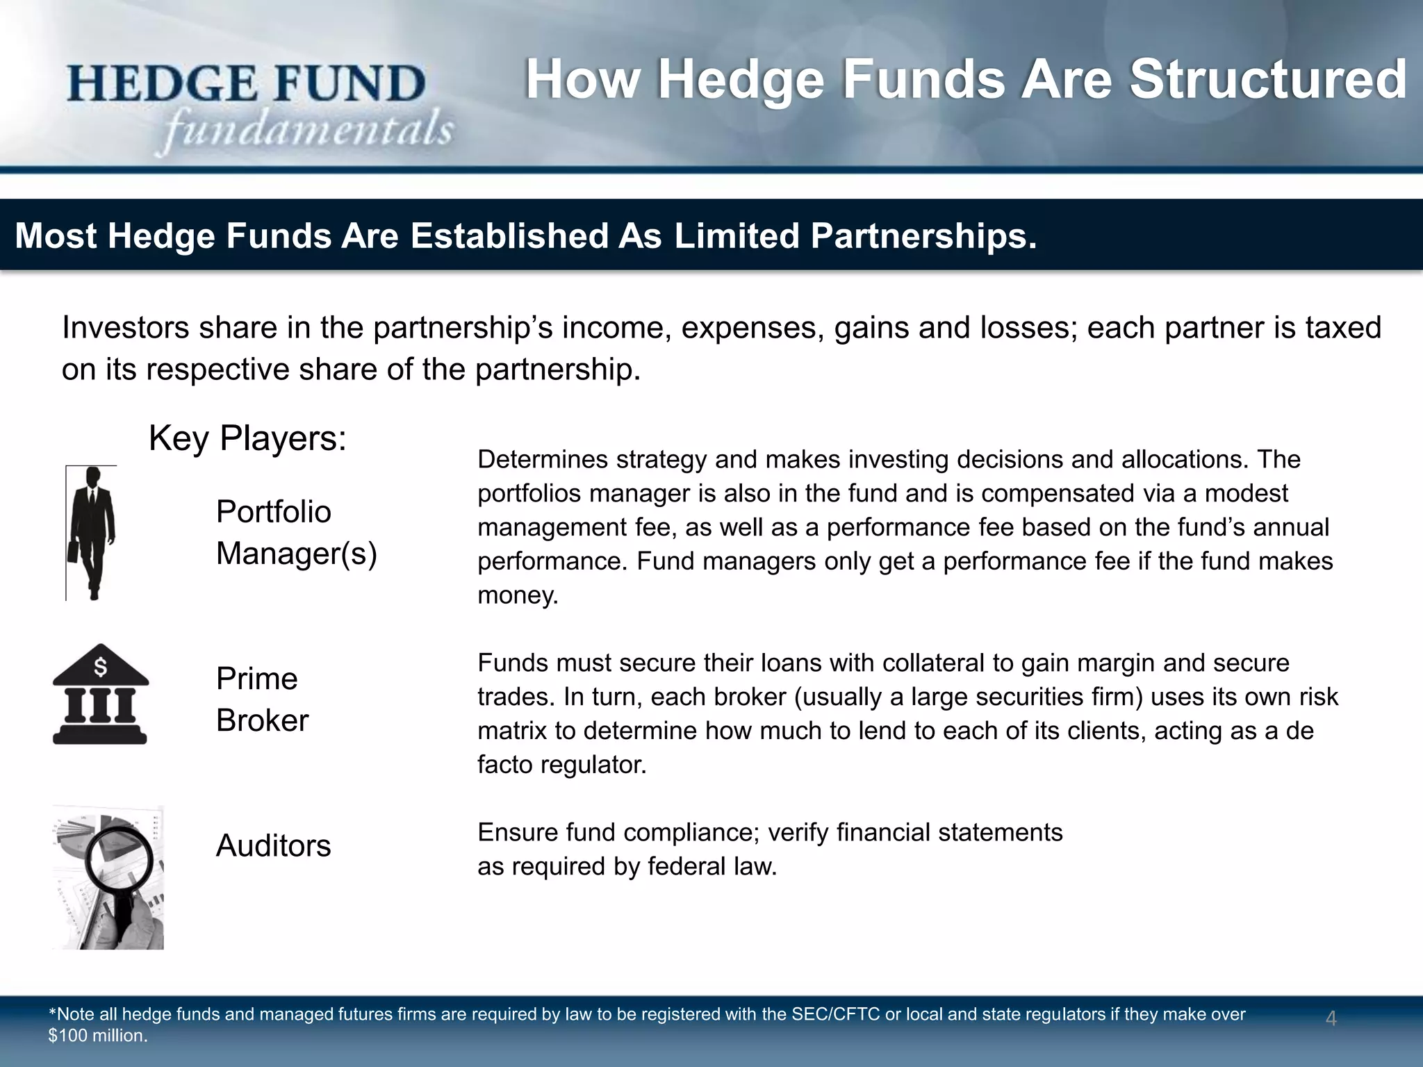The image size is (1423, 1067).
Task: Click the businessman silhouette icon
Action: [x=92, y=531]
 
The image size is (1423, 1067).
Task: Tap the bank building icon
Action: [x=100, y=694]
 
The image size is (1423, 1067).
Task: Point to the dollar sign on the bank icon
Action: [x=101, y=667]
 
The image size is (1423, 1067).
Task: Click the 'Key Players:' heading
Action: [x=247, y=438]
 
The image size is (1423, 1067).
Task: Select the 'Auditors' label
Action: [x=273, y=845]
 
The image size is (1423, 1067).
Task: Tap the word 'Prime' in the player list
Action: [x=256, y=679]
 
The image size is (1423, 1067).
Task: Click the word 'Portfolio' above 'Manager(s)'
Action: [x=273, y=512]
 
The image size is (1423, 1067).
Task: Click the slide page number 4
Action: [x=1331, y=1018]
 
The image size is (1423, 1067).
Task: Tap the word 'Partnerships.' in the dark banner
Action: [x=923, y=235]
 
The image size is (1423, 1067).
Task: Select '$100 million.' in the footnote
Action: [x=98, y=1036]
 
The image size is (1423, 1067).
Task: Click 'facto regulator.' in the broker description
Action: [x=561, y=765]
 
